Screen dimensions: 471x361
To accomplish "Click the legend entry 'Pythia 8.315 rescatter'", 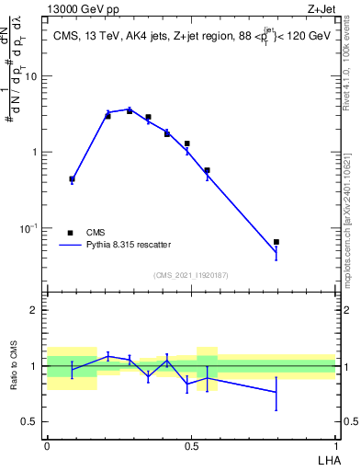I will tap(123, 246).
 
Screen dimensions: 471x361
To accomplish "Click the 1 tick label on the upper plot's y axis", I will tap(35, 152).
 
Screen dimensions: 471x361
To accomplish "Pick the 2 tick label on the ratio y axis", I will tap(35, 310).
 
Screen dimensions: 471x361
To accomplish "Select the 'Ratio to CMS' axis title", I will tap(14, 365).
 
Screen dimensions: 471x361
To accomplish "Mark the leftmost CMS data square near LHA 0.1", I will tap(73, 179).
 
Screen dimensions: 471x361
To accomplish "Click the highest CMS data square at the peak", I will tap(130, 111).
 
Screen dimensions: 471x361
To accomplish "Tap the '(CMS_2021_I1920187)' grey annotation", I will tap(192, 274).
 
